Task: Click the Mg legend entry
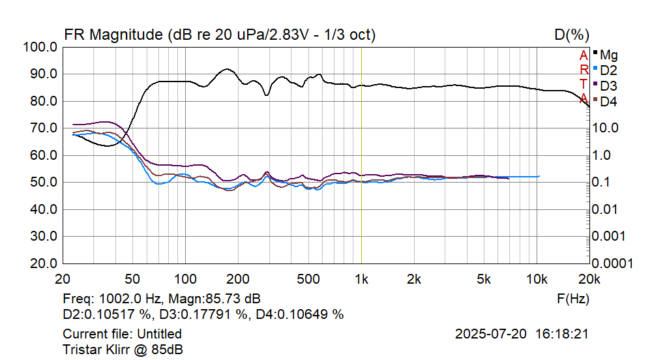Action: tap(608, 54)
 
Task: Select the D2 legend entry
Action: tap(608, 70)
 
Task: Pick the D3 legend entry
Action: tap(608, 85)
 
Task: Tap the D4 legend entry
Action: tap(608, 101)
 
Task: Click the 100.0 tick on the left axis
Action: tap(40, 47)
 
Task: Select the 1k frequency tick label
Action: tap(361, 279)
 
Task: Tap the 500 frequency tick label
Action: tap(309, 279)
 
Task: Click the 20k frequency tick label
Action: tap(589, 279)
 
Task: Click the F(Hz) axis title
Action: tap(574, 299)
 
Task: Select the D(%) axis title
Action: tap(572, 35)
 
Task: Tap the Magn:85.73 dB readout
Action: tap(215, 299)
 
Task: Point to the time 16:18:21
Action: tap(563, 334)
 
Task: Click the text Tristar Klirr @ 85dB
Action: tap(123, 349)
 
